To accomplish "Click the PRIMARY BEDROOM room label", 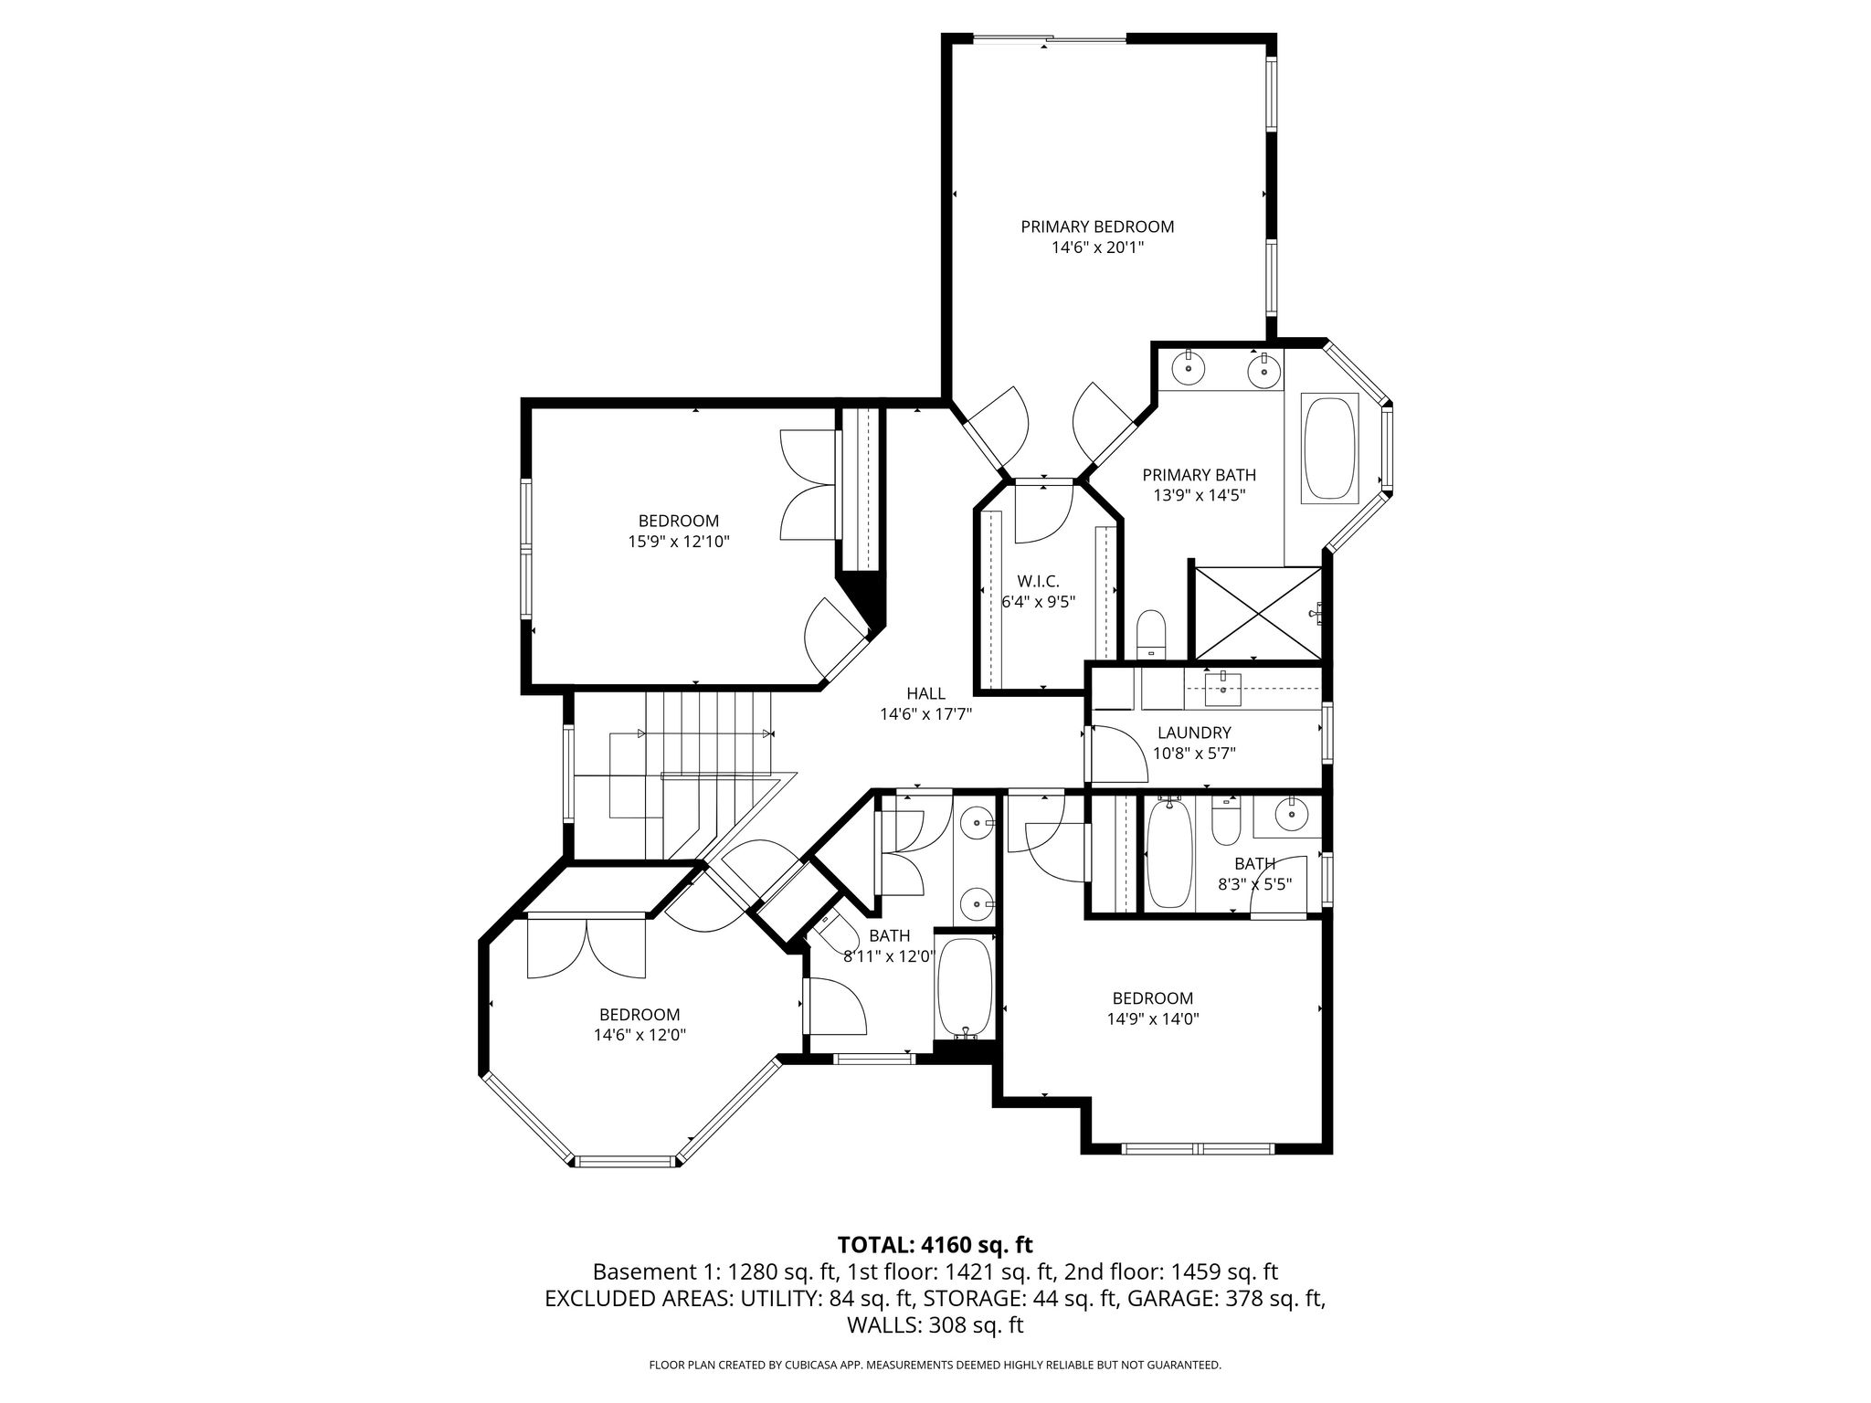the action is pyautogui.click(x=1097, y=227).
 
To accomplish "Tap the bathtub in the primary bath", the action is pyautogui.click(x=1331, y=448).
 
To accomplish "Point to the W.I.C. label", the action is pyautogui.click(x=1039, y=581).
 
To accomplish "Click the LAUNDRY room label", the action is pyautogui.click(x=1194, y=733).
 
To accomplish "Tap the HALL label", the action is pyautogui.click(x=925, y=694).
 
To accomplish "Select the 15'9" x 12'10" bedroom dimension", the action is pyautogui.click(x=678, y=542).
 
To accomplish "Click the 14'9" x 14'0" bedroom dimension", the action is pyautogui.click(x=1152, y=1018).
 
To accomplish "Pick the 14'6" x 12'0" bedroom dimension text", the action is pyautogui.click(x=640, y=1035).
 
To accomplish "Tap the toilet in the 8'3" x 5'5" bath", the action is pyautogui.click(x=1224, y=821).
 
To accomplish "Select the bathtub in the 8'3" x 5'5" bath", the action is pyautogui.click(x=1169, y=852).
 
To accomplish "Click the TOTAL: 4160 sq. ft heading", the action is pyautogui.click(x=935, y=1245).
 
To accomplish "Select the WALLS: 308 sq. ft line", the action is pyautogui.click(x=935, y=1325).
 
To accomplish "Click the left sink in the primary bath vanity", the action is pyautogui.click(x=1189, y=367).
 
